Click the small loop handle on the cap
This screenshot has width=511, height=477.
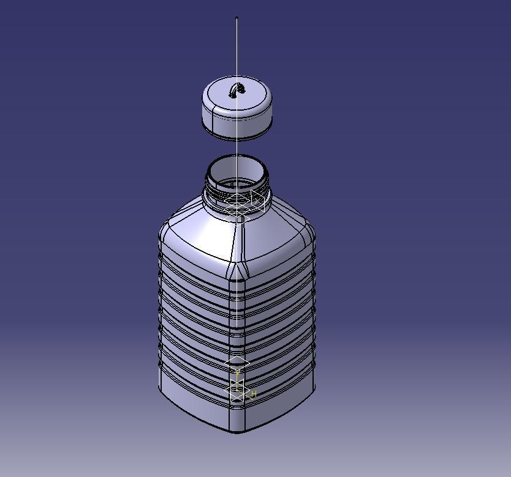pos(238,91)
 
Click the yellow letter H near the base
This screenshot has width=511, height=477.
pos(254,394)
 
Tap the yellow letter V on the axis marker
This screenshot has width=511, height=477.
pos(238,374)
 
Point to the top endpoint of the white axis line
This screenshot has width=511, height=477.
pos(237,18)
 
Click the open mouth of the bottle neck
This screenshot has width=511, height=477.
pos(237,168)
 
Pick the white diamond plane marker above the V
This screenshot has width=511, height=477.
pos(237,363)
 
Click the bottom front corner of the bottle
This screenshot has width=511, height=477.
pos(237,432)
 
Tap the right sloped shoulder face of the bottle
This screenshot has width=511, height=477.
pos(279,239)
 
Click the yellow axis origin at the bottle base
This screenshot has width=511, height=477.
pos(238,390)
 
